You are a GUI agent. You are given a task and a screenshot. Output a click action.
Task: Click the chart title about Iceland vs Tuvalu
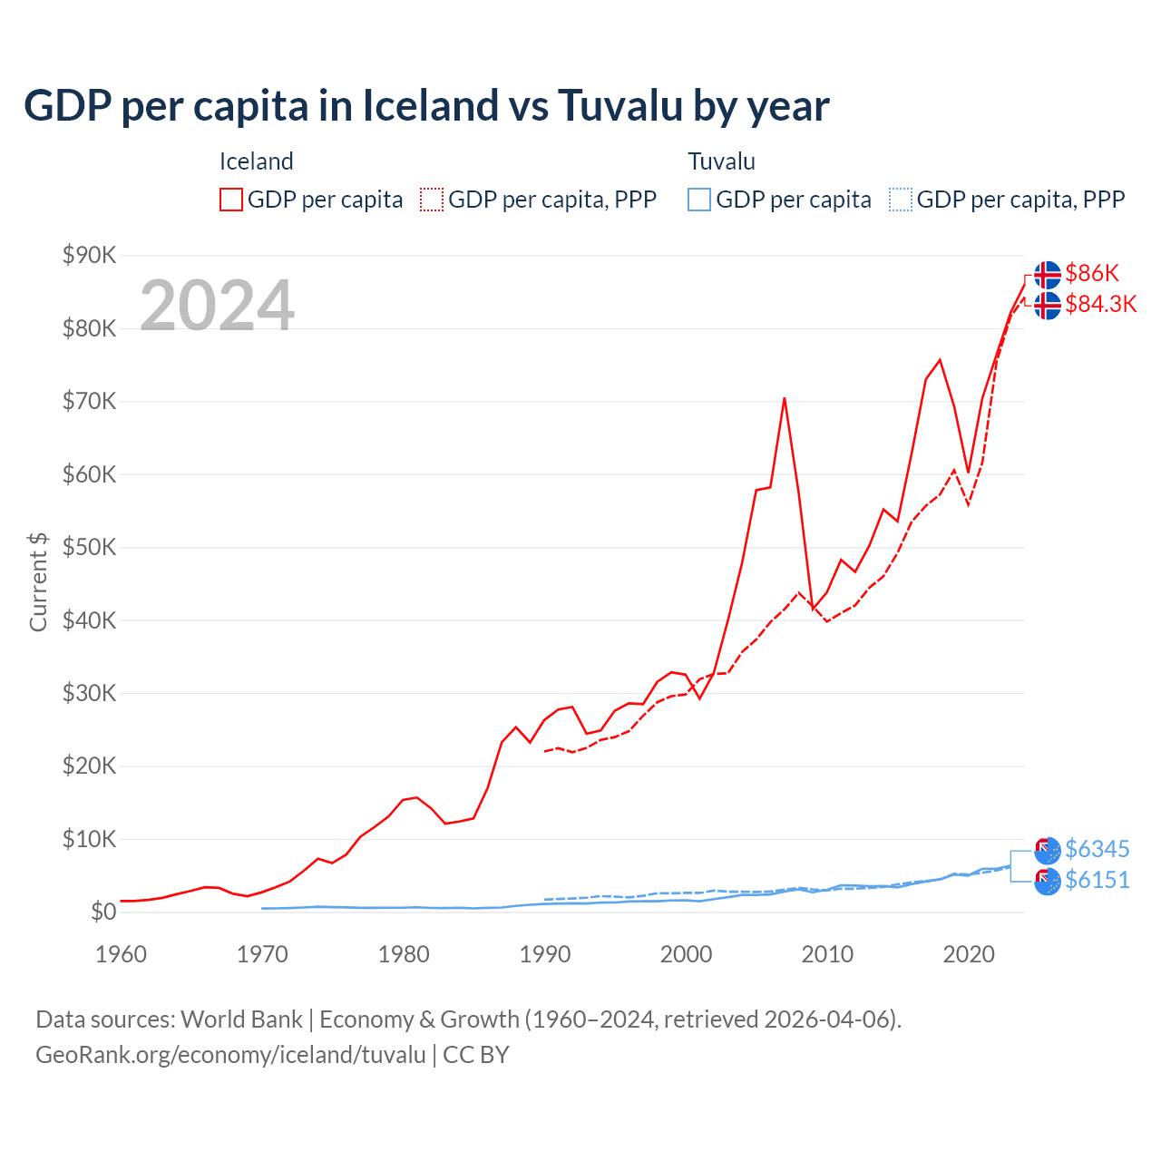[x=426, y=105]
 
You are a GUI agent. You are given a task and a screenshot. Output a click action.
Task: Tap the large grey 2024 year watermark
[x=217, y=306]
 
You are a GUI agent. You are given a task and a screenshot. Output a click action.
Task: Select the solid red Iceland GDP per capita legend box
[x=231, y=200]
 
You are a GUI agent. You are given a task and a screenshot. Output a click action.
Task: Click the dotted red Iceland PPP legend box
[x=432, y=200]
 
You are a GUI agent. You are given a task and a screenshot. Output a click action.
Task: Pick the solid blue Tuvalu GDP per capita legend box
[x=699, y=200]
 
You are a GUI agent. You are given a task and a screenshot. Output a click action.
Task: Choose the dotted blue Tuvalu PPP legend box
[x=901, y=200]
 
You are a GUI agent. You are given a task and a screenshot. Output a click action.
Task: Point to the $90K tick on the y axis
[x=89, y=255]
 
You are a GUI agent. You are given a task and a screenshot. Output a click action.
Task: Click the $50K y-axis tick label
[x=89, y=547]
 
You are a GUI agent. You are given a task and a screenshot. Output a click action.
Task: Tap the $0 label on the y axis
[x=103, y=912]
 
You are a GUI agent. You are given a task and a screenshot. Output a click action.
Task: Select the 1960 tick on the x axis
[x=121, y=954]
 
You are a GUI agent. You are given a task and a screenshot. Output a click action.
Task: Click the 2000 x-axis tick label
[x=686, y=954]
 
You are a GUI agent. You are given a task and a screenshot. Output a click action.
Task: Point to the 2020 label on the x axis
[x=969, y=954]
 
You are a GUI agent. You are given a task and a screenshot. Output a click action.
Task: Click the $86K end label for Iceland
[x=1092, y=273]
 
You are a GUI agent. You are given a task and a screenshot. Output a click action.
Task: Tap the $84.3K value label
[x=1100, y=304]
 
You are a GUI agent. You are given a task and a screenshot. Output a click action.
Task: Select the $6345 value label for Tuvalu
[x=1097, y=849]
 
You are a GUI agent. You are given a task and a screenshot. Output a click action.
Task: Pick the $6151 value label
[x=1097, y=880]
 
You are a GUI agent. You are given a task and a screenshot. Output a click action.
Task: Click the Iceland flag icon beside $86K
[x=1048, y=274]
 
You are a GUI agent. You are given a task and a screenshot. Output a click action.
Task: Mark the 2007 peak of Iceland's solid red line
[x=784, y=398]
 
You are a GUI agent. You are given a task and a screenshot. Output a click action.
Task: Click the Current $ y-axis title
[x=38, y=581]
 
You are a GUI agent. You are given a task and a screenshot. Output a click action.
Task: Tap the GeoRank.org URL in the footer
[x=230, y=1055]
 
